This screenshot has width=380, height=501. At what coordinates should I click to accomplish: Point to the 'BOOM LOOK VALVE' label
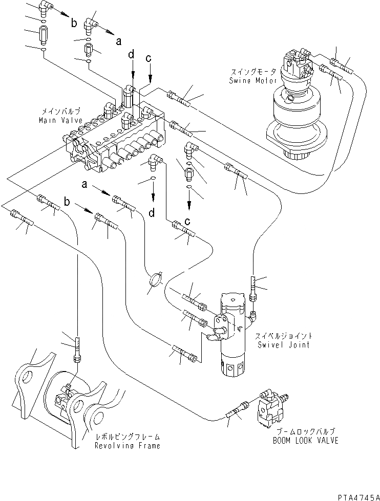click(x=307, y=440)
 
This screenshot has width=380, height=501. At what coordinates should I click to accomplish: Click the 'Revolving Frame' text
click(x=128, y=445)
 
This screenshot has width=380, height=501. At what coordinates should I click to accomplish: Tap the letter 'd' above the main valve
click(x=132, y=54)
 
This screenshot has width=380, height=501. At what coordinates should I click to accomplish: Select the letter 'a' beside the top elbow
click(x=118, y=42)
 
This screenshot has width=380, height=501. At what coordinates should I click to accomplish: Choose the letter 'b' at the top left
click(x=74, y=23)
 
